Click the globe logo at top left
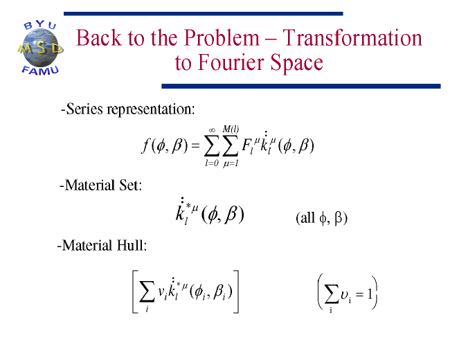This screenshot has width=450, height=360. tap(40, 48)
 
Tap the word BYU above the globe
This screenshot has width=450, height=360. tap(40, 25)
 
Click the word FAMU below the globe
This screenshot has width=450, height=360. tap(40, 71)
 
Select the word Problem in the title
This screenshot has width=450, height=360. tap(222, 38)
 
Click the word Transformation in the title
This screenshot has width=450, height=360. tap(352, 37)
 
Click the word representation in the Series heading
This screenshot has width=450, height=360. tap(151, 109)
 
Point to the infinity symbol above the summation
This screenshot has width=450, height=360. tap(212, 130)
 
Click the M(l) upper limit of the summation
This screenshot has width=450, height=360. tap(231, 129)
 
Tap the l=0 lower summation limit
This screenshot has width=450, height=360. tap(212, 163)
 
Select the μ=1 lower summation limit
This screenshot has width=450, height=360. tap(231, 163)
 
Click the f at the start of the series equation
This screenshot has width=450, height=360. tap(145, 145)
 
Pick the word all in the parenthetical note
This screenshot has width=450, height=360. tap(307, 218)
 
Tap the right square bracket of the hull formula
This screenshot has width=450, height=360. tap(236, 291)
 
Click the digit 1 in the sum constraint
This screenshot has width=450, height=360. tap(370, 294)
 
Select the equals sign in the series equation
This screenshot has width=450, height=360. tap(195, 145)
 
